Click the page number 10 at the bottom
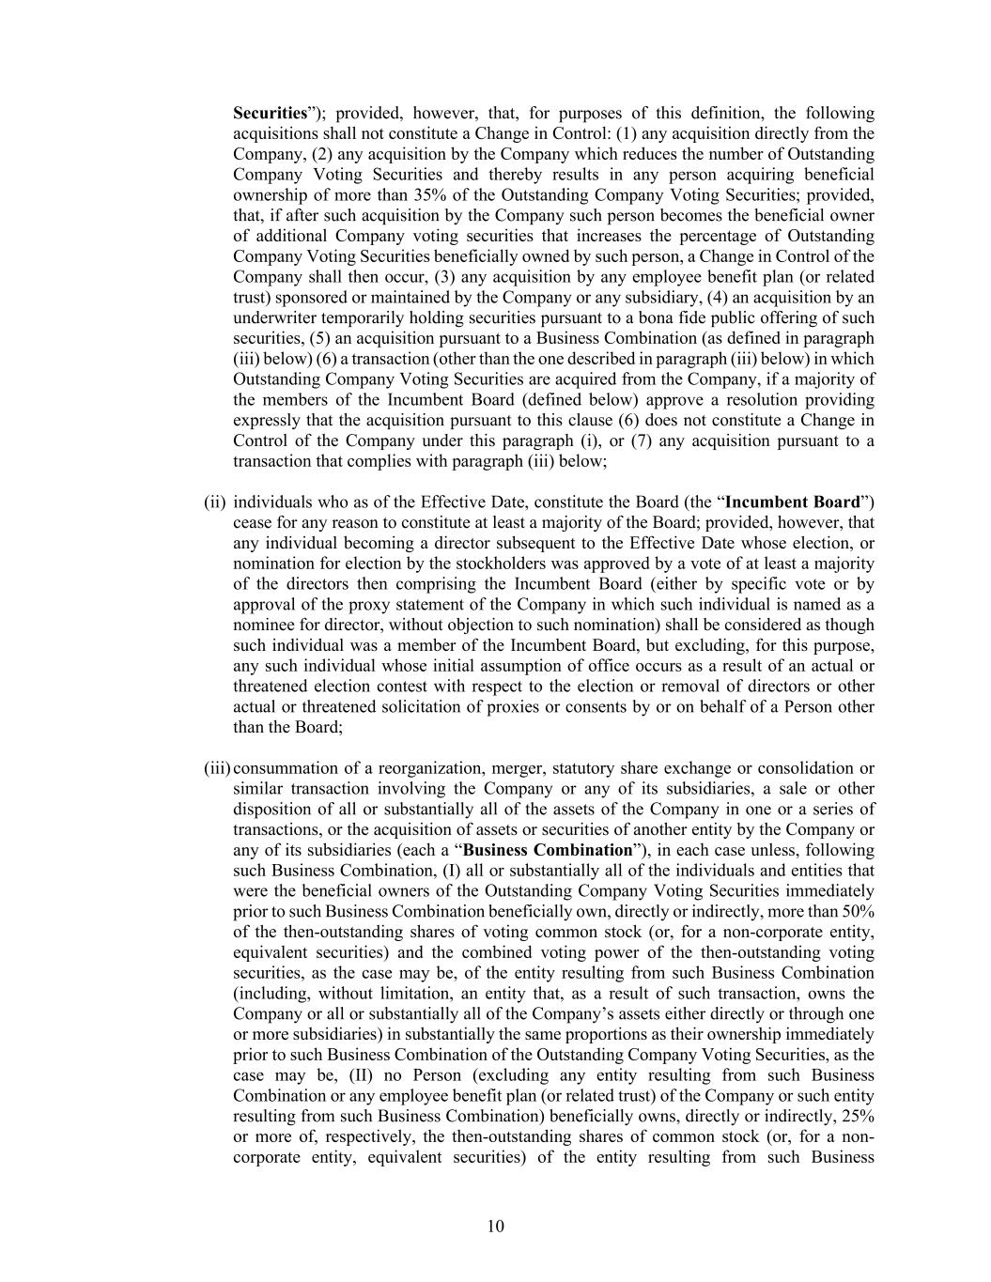point(496,1226)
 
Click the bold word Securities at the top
point(270,113)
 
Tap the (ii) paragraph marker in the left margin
point(214,502)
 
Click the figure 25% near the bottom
point(858,1116)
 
